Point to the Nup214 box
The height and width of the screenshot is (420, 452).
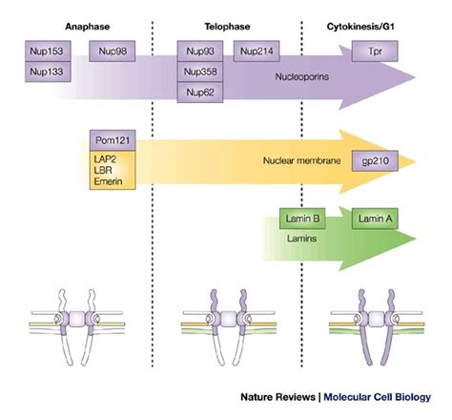[x=258, y=51]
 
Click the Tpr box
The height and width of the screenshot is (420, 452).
[x=374, y=51]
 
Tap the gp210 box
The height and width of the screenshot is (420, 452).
[x=374, y=161]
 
